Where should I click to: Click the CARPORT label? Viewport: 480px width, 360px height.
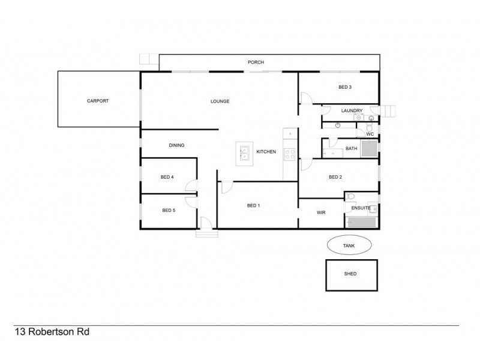[98, 101]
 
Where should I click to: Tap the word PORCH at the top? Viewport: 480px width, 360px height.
[256, 62]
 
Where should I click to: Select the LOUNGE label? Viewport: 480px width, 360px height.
[220, 101]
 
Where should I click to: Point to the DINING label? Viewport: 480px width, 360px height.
[176, 145]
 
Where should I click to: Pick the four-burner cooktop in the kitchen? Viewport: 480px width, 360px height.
[289, 153]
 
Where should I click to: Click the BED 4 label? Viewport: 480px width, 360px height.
[167, 177]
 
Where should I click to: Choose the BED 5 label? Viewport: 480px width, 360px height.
[168, 211]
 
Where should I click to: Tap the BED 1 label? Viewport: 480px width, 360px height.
[253, 205]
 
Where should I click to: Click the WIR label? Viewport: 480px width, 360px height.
[321, 213]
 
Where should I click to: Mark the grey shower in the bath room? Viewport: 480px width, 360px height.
[368, 149]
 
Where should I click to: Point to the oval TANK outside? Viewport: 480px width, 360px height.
[349, 245]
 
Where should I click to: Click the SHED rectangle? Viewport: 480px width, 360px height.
[351, 274]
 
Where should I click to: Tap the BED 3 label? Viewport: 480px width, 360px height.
[344, 88]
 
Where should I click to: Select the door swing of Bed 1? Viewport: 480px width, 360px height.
[226, 187]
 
